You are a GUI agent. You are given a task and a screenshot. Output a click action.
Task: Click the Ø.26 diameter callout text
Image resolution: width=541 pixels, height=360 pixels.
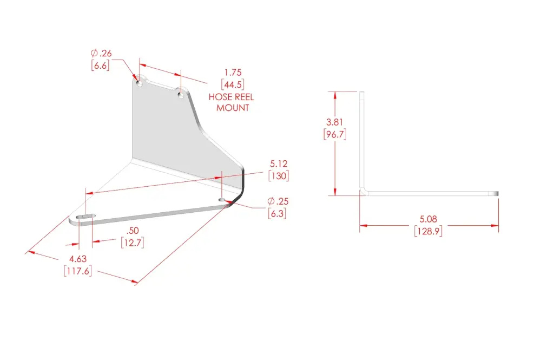pos(101,53)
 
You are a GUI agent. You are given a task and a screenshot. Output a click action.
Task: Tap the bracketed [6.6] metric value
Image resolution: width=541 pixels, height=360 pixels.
pos(101,66)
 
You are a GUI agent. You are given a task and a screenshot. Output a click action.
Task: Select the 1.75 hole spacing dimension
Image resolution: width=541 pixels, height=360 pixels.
pos(233,73)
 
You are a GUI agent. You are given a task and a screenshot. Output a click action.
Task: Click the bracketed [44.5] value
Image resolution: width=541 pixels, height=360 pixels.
pos(233,84)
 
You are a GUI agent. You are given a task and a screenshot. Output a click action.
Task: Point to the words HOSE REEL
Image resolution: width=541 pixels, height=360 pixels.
pos(231,97)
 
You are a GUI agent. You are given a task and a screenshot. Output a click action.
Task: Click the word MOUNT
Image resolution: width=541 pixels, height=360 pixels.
pos(233,108)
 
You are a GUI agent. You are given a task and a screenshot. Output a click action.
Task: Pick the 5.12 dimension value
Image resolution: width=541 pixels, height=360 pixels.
pos(279,163)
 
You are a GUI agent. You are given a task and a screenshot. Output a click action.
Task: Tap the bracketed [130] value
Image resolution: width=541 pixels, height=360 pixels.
pos(279,176)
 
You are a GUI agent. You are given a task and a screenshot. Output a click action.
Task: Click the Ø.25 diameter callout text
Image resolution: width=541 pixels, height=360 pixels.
pos(278,201)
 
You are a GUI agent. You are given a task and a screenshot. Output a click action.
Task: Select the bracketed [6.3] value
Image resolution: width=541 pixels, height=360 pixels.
pos(277,213)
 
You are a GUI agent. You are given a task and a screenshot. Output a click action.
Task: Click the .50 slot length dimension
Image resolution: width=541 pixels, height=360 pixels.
pos(133,231)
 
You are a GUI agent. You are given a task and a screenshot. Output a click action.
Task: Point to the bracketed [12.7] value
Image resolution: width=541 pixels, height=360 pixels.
pos(133,243)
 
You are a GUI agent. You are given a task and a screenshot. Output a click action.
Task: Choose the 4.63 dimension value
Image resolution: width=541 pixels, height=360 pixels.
pos(78,259)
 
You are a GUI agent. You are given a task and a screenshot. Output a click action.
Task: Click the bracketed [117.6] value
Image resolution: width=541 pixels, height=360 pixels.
pos(78,271)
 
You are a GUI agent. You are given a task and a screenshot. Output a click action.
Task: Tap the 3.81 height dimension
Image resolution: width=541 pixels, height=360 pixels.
pos(335,122)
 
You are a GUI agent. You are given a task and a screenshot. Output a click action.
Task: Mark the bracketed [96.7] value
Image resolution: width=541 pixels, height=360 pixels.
pos(335,134)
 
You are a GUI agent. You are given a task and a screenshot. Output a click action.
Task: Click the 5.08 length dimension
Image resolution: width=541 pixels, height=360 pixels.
pos(428,219)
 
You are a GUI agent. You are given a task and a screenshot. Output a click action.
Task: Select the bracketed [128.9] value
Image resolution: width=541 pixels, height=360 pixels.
pos(428,231)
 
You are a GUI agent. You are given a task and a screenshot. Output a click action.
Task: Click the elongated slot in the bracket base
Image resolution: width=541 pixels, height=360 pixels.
pos(85,217)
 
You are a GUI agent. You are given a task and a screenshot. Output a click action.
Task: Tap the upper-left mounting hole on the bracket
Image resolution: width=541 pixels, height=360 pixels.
pos(140,84)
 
